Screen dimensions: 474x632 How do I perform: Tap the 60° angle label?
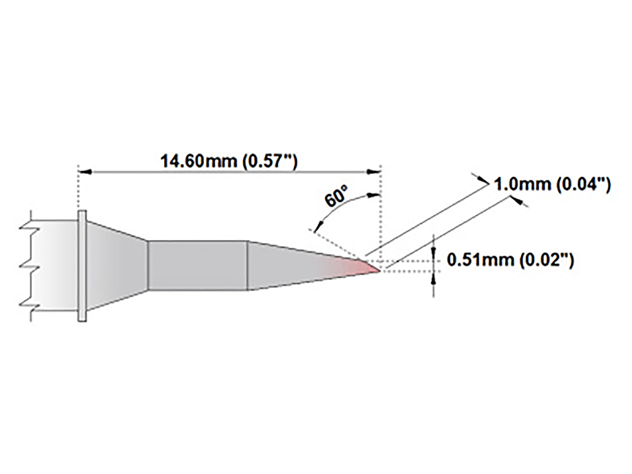pyautogui.click(x=336, y=199)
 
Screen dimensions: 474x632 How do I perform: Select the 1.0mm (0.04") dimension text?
pyautogui.click(x=551, y=185)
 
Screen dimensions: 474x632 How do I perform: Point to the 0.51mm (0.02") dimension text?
pyautogui.click(x=510, y=260)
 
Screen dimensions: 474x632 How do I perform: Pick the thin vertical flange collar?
pyautogui.click(x=82, y=265)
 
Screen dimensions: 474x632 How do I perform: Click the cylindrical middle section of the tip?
pyautogui.click(x=197, y=265)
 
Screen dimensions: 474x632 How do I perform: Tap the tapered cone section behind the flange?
pyautogui.click(x=116, y=265)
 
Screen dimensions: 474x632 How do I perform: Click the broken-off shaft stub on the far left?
pyautogui.click(x=53, y=265)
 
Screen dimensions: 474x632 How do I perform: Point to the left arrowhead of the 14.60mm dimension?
pyautogui.click(x=85, y=172)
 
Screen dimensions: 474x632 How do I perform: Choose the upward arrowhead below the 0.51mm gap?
pyautogui.click(x=433, y=278)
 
